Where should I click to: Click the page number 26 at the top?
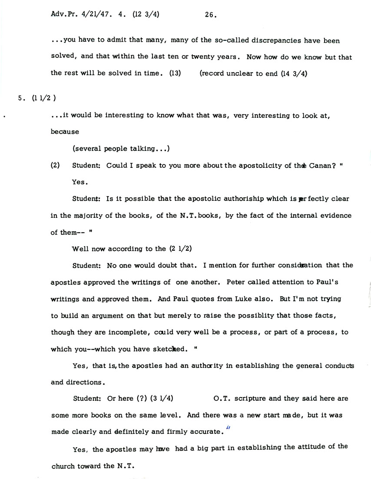(210, 14)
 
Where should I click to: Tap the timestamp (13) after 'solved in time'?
(175, 73)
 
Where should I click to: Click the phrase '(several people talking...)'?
(121, 149)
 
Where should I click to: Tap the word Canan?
(320, 165)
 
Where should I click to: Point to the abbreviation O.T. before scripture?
(224, 399)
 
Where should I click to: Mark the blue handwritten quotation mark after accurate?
(228, 427)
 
